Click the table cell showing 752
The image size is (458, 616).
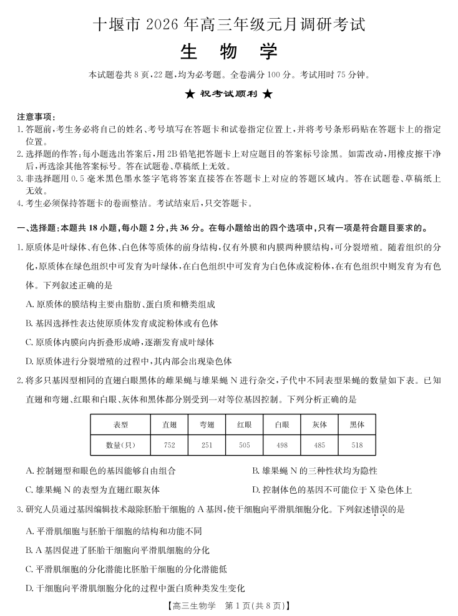coord(170,445)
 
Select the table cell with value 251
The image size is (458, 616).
coord(207,445)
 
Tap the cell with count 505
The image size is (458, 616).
coord(245,445)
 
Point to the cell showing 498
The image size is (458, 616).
coord(282,445)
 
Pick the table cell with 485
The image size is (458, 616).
coord(319,445)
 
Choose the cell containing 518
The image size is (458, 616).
coord(357,445)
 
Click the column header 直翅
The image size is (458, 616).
coord(170,425)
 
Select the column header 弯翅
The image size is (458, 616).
coord(207,425)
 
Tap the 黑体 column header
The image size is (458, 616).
coord(357,425)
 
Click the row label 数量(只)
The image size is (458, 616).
coord(121,445)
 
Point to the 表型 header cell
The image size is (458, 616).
coord(121,425)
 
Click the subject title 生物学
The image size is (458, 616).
coord(228,52)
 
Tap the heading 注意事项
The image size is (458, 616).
coord(36,117)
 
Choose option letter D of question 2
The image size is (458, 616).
coord(256,490)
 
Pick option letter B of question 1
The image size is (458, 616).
coord(29,323)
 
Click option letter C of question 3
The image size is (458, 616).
coord(29,569)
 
